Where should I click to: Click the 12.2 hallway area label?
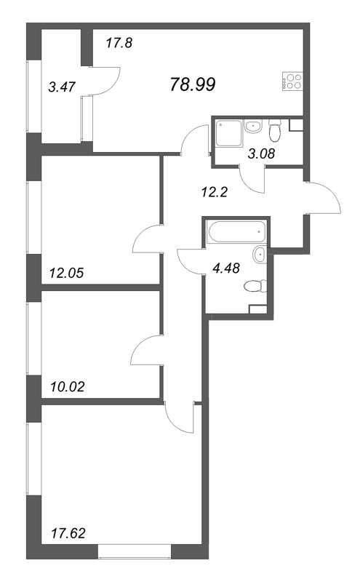coord(212,193)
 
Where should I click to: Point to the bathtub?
coord(235,234)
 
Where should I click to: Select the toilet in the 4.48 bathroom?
coord(253,285)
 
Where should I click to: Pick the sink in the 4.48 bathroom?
coord(260,254)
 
